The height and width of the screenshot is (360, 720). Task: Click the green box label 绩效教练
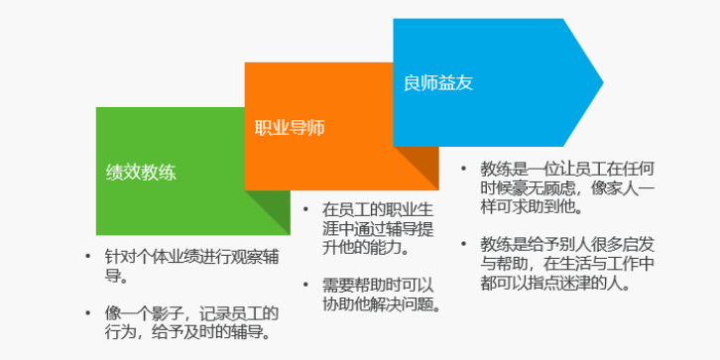tap(142, 171)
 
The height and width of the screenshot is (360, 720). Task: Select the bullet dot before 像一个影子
tap(88, 311)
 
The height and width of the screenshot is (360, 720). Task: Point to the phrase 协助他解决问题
tap(381, 302)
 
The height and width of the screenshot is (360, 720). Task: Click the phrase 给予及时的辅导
tap(219, 331)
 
